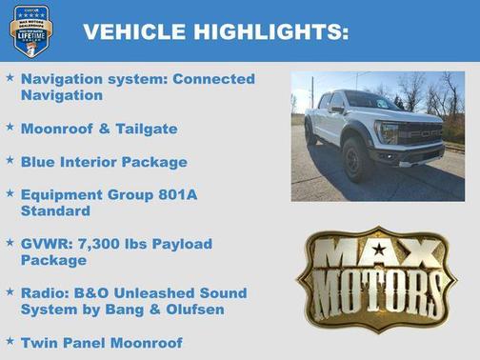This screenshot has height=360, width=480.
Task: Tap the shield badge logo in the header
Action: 31,30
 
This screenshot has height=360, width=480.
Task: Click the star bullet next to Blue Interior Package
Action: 10,161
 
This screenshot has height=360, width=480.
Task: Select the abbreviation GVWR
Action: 46,244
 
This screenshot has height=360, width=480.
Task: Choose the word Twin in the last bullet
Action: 40,342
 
